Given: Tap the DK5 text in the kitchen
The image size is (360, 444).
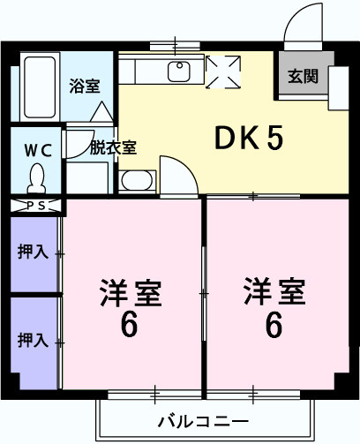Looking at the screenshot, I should click(250, 139).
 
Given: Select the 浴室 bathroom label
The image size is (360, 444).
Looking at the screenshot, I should click(85, 87).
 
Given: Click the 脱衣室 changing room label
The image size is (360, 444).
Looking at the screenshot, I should click(112, 147).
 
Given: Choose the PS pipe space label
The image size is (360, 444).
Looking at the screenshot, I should click(37, 207).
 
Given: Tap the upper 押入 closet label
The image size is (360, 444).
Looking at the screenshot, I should click(34, 252).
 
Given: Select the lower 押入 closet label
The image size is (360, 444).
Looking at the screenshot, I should click(34, 339).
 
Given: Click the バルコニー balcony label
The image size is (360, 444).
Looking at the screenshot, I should click(204, 419).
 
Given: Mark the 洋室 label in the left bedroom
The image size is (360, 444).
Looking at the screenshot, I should click(130, 290).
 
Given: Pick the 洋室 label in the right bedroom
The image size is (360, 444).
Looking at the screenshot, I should click(274, 290).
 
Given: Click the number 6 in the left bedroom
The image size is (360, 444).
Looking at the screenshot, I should click(130, 326).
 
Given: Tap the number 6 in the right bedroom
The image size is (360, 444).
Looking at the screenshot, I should click(274, 326).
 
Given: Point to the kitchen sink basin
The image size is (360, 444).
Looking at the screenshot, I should click(182, 71).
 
